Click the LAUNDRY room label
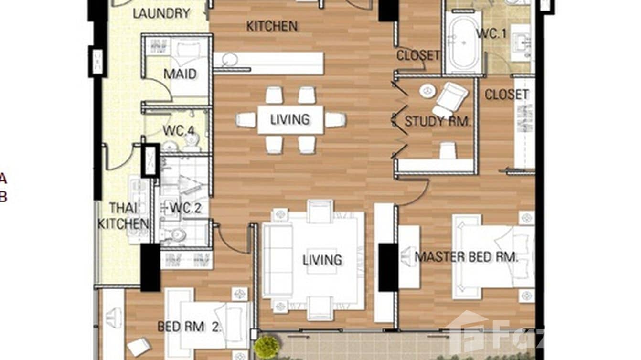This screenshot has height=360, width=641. (x=161, y=13)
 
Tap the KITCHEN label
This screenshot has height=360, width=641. (x=272, y=26)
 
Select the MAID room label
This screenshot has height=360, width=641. (x=180, y=74)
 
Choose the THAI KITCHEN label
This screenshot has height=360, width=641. (x=123, y=216)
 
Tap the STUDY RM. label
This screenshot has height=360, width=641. (x=437, y=121)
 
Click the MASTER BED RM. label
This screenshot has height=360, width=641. (x=466, y=257)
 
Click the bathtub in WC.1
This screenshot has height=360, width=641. (x=463, y=42)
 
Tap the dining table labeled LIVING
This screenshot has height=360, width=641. (x=290, y=119)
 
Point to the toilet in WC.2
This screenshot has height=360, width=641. (x=176, y=234)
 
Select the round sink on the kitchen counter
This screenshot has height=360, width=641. (x=230, y=60)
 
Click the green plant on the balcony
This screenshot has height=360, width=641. (x=267, y=346)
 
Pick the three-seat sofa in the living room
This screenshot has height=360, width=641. (x=278, y=260)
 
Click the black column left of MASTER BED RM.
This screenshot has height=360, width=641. (x=388, y=267)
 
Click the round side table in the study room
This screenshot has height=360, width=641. (x=427, y=91)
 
